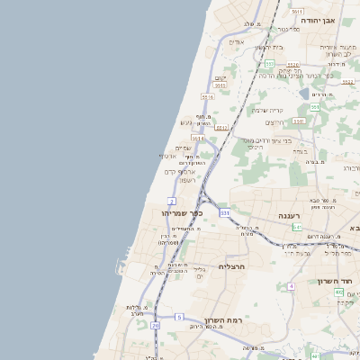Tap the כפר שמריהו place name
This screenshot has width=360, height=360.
pyautogui.click(x=183, y=213)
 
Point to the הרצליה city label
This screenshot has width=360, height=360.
pyautogui.click(x=232, y=267)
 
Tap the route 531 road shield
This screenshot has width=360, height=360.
pyautogui.click(x=224, y=213)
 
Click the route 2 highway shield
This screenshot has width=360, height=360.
pyautogui.click(x=171, y=200)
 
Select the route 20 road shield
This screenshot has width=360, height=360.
pyautogui.click(x=155, y=325)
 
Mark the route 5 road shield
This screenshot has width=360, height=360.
pyautogui.click(x=179, y=317)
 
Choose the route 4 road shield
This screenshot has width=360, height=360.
pyautogui.click(x=292, y=286)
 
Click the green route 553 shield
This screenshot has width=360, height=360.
pyautogui.click(x=269, y=64)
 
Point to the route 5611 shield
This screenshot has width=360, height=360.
pyautogui.click(x=297, y=11)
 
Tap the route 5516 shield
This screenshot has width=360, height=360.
pyautogui.click(x=208, y=97)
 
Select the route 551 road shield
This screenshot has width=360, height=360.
pyautogui.click(x=314, y=107)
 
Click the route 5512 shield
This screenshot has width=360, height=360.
pyautogui.click(x=221, y=128)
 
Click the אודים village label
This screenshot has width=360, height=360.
pyautogui.click(x=236, y=42)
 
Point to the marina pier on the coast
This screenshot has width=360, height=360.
pyautogui.click(x=119, y=266)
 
